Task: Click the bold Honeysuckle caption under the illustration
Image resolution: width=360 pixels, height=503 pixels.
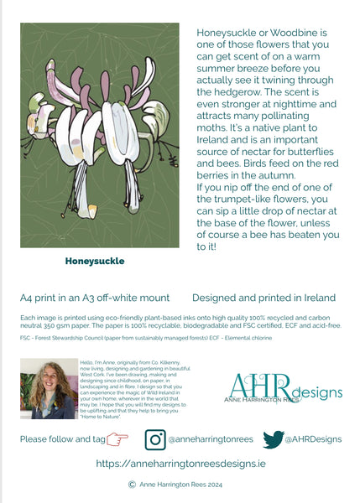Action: tap(95, 261)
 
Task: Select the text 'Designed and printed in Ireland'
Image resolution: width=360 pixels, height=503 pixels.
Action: tap(263, 298)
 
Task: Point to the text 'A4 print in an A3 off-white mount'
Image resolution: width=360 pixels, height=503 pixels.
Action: tap(95, 298)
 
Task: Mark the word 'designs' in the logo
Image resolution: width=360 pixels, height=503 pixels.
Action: tap(318, 392)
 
